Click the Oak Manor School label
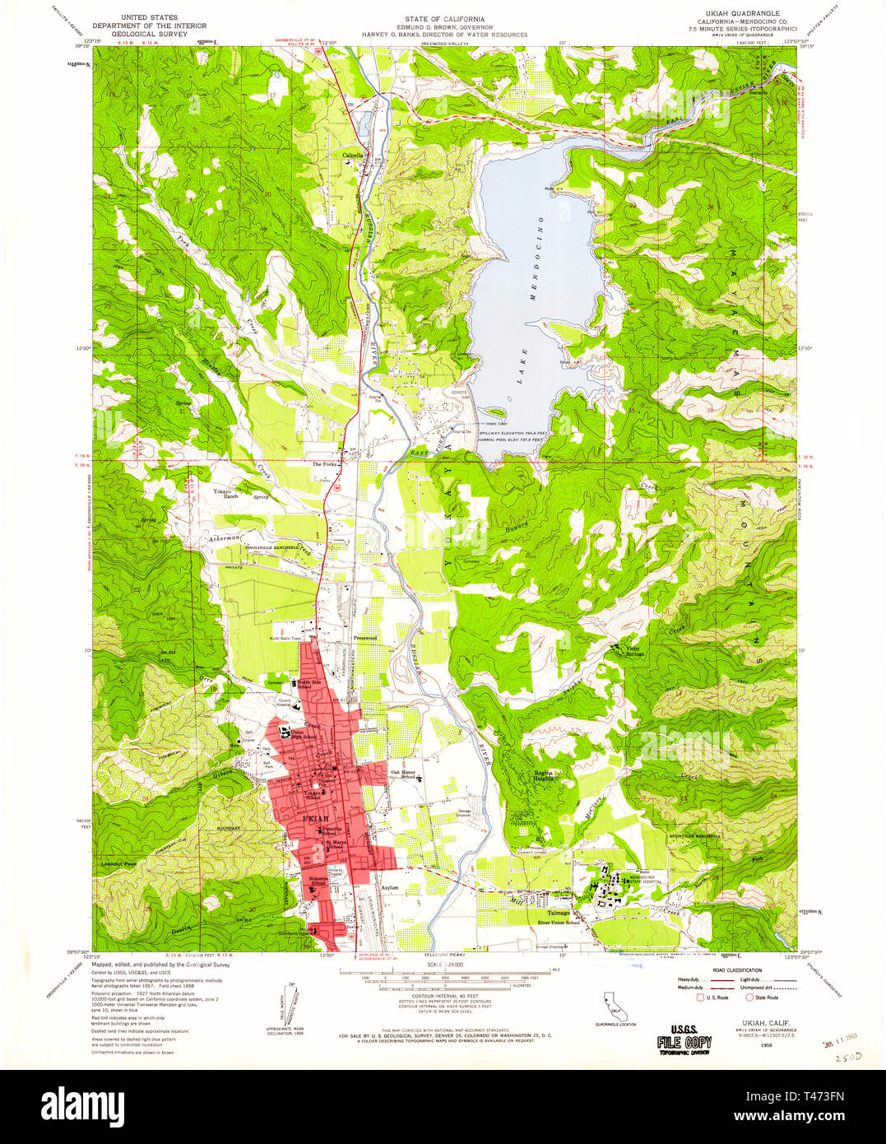click(402, 774)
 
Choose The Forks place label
click(324, 464)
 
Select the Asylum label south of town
click(390, 888)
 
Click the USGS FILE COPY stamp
click(684, 1039)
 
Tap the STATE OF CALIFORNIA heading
click(444, 18)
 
